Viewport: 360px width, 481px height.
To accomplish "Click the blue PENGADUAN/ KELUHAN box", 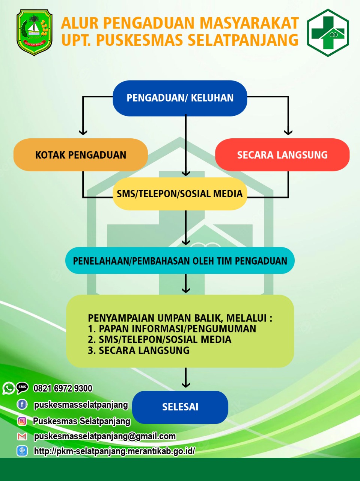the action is [180, 98].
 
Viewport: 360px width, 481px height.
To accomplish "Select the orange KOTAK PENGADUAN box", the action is [81, 155].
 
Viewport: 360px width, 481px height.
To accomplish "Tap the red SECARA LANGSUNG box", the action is [282, 155].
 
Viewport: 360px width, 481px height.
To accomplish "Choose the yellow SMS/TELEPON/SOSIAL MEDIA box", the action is [180, 194].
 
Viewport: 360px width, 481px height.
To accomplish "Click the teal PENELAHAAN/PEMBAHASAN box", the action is [180, 260].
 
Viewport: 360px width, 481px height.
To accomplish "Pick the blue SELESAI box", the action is [180, 407].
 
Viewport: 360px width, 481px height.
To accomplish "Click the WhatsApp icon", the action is [9, 388].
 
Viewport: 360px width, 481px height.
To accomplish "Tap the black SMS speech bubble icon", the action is [22, 388].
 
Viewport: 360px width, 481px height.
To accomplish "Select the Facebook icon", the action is [22, 404].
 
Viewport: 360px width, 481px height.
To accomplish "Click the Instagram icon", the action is [22, 421].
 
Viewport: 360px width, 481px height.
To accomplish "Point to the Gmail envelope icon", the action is [22, 437].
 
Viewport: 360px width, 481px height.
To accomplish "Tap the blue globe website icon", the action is [22, 451].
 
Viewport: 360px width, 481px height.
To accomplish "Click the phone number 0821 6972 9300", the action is [63, 388].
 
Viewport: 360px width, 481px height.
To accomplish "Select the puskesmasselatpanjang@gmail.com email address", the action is [105, 436].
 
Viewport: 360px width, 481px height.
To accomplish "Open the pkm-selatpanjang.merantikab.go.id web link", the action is [114, 451].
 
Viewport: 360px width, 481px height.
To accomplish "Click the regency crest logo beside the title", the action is [35, 32].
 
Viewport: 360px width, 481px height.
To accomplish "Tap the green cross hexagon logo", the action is [328, 33].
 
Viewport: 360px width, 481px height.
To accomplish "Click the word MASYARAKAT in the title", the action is [249, 23].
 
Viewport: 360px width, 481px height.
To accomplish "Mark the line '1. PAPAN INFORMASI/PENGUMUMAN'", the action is [172, 329].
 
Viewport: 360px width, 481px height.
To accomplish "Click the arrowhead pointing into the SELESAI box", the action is [186, 384].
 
